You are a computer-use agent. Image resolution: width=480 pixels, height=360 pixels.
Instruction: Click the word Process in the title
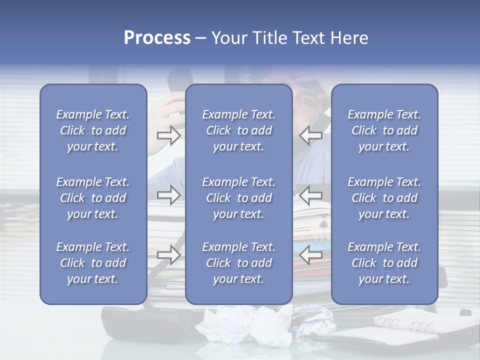157,38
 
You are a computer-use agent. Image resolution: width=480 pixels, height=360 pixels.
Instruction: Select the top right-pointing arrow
168,135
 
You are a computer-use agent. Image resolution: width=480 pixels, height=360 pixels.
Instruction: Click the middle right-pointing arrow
168,195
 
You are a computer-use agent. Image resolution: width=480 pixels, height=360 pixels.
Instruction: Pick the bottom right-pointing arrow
168,254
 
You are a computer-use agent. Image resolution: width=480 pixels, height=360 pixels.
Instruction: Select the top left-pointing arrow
311,135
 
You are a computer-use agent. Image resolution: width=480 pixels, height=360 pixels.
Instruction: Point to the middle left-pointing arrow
311,195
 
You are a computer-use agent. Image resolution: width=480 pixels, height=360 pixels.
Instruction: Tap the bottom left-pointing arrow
311,254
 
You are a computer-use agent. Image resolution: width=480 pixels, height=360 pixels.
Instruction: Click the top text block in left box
93,130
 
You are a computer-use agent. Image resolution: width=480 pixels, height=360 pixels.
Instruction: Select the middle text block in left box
93,198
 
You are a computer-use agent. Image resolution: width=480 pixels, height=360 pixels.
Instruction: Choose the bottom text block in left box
93,263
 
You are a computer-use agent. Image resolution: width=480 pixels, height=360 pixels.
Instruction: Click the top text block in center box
238,130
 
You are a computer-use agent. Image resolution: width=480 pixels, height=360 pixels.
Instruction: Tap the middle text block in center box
238,198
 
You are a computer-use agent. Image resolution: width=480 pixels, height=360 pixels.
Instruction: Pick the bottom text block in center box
238,263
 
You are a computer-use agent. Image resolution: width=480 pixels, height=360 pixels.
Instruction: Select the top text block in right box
384,130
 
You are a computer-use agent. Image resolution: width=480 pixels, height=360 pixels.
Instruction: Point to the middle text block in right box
384,198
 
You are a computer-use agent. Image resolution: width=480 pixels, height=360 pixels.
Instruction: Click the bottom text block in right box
384,263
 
